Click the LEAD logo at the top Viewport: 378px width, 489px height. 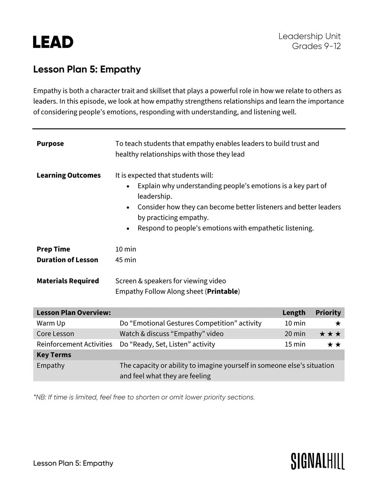click(53, 42)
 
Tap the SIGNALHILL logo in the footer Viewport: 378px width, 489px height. click(318, 461)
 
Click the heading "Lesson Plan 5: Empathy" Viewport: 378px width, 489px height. click(87, 70)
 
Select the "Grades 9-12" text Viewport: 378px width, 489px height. click(316, 46)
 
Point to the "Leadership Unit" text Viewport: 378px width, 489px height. click(310, 36)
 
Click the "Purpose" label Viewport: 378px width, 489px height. click(50, 143)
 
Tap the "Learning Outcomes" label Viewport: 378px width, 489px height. click(68, 175)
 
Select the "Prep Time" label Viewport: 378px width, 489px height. click(53, 249)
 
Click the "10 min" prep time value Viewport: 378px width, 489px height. click(126, 249)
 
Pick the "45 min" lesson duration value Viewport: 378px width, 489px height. click(126, 260)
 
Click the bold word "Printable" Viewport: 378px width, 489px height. click(223, 291)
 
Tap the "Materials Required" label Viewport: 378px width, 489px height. click(68, 281)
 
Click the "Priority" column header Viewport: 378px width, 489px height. click(328, 312)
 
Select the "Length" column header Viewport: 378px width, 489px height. click(294, 312)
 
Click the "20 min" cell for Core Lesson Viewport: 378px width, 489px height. click(295, 334)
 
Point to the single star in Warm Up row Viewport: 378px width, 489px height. click(338, 323)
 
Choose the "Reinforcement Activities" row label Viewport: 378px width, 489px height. click(74, 344)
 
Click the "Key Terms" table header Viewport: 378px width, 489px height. click(54, 355)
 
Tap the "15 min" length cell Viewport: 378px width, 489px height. click(295, 344)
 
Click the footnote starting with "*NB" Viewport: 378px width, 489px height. click(144, 397)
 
